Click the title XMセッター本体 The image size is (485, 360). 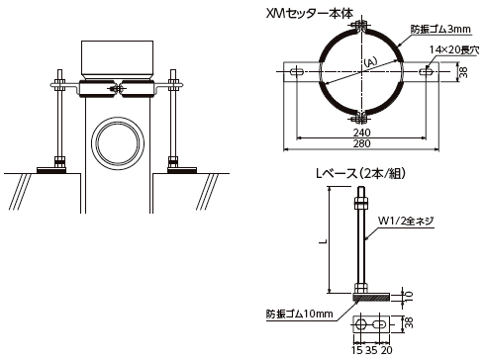click(x=310, y=14)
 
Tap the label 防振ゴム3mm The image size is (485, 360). click(x=440, y=29)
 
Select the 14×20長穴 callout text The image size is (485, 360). click(x=453, y=50)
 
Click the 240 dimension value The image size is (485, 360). click(x=362, y=133)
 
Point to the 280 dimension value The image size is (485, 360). click(x=362, y=143)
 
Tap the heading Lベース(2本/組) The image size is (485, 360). click(x=360, y=173)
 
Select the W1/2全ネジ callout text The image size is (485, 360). click(x=406, y=221)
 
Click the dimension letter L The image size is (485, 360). click(x=324, y=241)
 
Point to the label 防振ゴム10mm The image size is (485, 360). click(x=300, y=314)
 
